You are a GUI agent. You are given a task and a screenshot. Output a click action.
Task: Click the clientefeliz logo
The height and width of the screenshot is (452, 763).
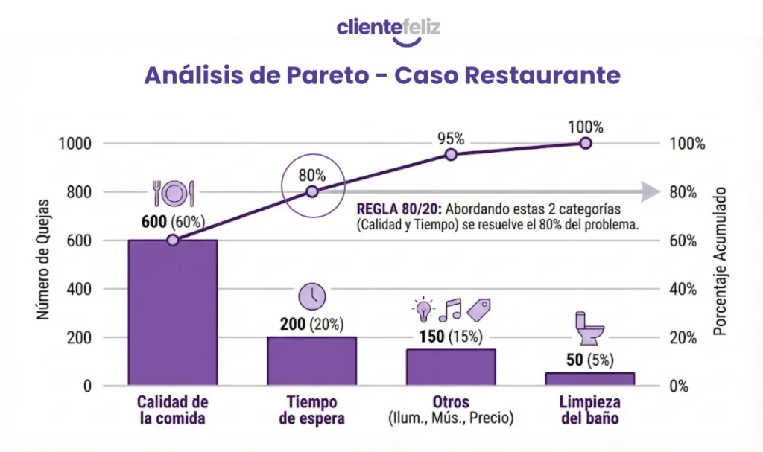(x=388, y=30)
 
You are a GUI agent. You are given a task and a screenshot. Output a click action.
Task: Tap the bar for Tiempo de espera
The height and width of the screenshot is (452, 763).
(x=312, y=360)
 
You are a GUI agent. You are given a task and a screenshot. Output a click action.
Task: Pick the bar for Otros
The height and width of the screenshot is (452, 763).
(x=451, y=366)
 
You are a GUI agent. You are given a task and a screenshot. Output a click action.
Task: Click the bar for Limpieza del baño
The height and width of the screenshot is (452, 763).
(x=589, y=378)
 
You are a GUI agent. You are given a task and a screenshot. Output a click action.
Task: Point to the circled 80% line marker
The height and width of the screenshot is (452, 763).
(x=312, y=191)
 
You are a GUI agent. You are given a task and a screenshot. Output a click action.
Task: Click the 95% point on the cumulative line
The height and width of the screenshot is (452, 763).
(x=451, y=154)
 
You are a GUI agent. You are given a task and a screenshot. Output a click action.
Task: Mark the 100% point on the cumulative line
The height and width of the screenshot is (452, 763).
(x=586, y=142)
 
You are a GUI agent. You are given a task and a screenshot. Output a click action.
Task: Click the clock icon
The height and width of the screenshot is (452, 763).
(x=312, y=296)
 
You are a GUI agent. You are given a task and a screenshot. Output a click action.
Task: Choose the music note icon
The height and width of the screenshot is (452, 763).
(x=450, y=308)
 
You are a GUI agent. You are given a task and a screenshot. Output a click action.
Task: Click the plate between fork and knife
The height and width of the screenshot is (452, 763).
(x=173, y=193)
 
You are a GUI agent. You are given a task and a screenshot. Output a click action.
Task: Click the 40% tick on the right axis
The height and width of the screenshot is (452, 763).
(x=683, y=289)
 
